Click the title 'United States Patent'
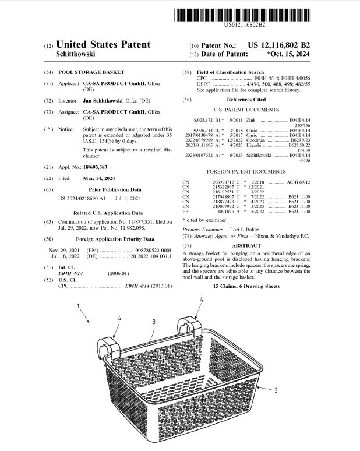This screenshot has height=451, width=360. click(x=103, y=44)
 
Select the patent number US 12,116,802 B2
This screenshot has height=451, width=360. click(x=278, y=45)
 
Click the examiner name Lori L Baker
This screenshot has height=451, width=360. click(x=243, y=229)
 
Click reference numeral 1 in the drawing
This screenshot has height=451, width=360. click(x=79, y=306)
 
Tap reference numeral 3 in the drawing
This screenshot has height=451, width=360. click(x=153, y=321)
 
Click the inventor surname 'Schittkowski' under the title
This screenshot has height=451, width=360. click(x=75, y=54)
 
